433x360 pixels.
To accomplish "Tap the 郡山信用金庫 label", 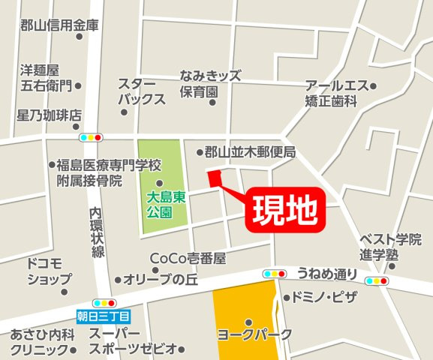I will tap(60, 25).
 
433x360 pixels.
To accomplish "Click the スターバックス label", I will tap(140, 91).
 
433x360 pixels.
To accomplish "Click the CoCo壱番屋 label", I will tap(188, 258).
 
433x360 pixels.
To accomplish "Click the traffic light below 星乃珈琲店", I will tap(90, 137).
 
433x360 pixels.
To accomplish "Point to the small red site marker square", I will tap(214, 178).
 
